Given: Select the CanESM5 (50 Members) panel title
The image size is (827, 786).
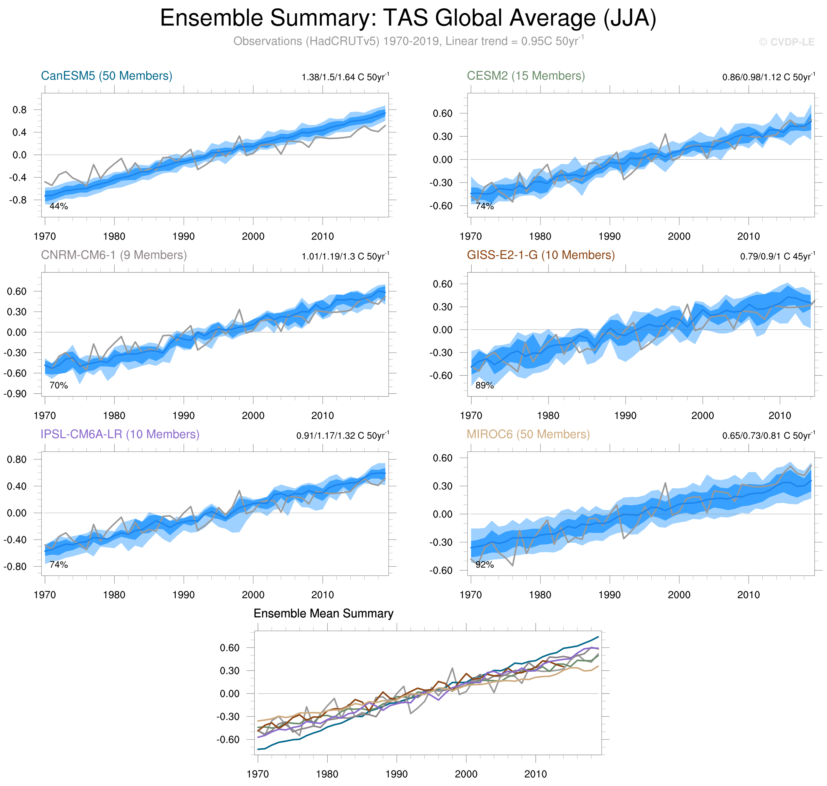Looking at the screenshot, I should click(107, 76).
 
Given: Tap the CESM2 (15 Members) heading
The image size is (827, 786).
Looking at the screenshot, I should click(526, 76).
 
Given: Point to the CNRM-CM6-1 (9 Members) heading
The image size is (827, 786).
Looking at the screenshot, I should click(114, 255).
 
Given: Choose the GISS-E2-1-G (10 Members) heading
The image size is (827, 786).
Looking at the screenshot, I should click(540, 255).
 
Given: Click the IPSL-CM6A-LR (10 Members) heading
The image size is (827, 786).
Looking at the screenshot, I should click(120, 434).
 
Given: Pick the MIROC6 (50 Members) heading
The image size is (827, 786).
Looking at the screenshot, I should click(528, 434).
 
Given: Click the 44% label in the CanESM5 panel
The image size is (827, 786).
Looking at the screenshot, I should click(59, 206).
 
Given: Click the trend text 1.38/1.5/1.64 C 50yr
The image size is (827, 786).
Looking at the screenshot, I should click(345, 77).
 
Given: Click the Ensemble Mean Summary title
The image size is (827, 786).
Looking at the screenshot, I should click(323, 613).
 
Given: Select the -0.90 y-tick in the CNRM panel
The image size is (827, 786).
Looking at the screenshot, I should click(15, 394).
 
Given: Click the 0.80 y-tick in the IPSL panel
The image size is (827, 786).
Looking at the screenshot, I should click(17, 459).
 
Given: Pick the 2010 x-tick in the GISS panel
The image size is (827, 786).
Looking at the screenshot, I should click(779, 416).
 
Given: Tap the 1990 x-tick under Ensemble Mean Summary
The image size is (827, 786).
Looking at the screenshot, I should click(396, 774).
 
